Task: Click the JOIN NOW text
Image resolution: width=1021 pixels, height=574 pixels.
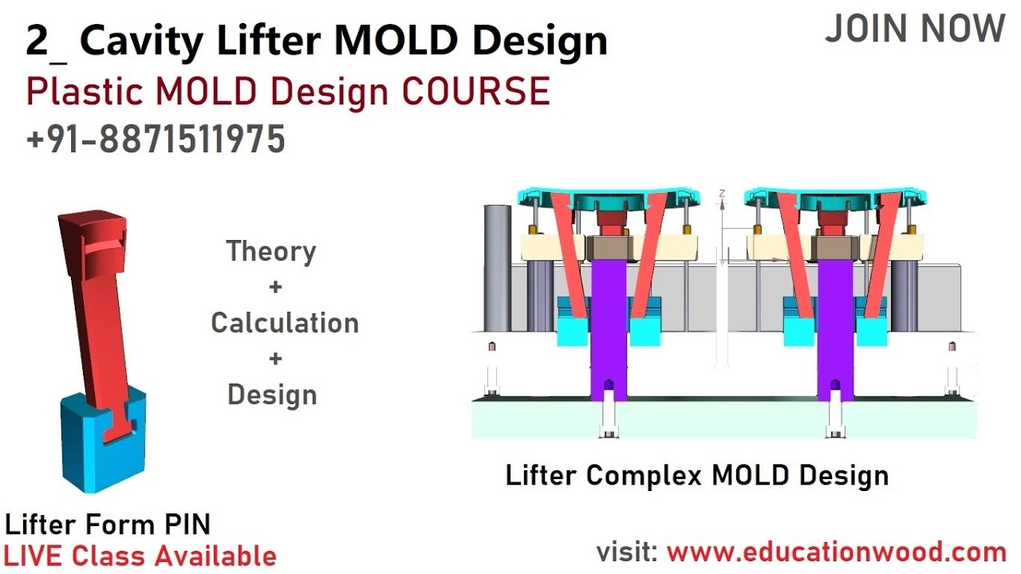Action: click(914, 29)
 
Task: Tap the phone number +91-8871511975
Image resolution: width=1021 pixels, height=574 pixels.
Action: click(156, 140)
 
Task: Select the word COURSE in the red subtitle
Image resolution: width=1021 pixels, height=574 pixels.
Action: click(476, 92)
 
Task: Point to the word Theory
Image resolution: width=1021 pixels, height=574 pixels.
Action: click(271, 251)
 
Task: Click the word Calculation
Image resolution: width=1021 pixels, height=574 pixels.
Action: click(285, 323)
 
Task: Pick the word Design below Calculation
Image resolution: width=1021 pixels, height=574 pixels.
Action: click(272, 395)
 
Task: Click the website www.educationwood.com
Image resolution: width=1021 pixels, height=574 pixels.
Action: click(836, 552)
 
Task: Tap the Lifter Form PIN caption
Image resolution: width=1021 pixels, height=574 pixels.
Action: click(108, 524)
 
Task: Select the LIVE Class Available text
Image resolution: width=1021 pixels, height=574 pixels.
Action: click(140, 556)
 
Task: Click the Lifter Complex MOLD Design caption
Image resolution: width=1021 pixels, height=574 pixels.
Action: click(696, 475)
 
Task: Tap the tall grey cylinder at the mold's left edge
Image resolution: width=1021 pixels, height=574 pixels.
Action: click(498, 267)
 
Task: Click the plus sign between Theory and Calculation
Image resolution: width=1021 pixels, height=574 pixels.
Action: click(275, 287)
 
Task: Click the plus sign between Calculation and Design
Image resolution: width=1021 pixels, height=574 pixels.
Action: click(275, 359)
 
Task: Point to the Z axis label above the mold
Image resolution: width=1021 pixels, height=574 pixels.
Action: click(721, 194)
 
